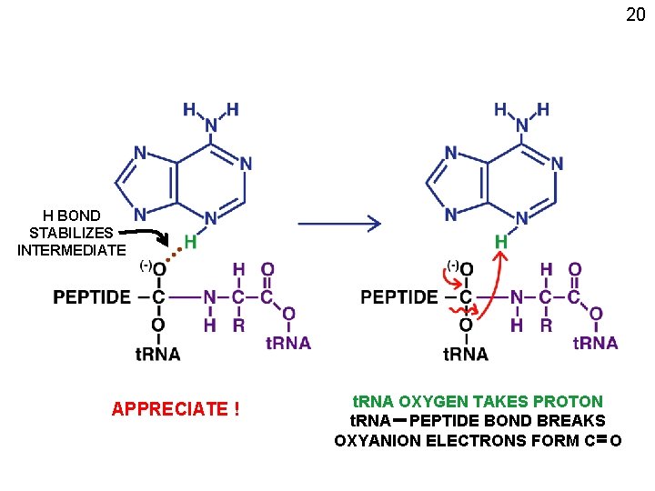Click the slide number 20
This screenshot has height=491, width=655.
(635, 15)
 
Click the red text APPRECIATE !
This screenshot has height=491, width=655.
(176, 409)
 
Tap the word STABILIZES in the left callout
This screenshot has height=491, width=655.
(71, 233)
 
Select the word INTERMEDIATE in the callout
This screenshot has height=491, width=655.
(72, 250)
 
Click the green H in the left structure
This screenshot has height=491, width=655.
(191, 241)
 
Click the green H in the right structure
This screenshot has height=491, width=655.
(500, 241)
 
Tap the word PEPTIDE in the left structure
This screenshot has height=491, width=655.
(91, 297)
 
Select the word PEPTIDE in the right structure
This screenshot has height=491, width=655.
(398, 297)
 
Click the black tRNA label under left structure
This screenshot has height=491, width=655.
(157, 354)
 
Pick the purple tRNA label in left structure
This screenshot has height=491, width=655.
(288, 343)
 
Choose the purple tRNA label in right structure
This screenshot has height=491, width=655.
(596, 343)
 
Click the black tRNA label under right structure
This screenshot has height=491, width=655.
(466, 354)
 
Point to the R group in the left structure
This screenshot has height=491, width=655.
(239, 325)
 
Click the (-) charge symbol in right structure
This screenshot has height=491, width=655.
(452, 265)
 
